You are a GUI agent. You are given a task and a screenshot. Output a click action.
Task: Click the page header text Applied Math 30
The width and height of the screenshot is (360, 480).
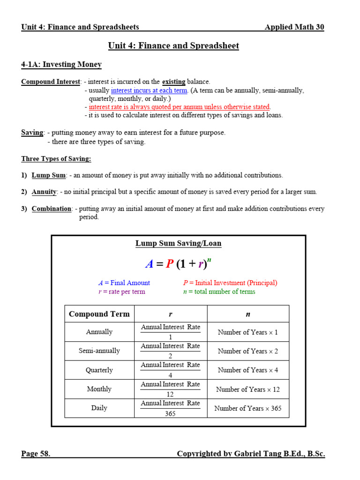point(294,27)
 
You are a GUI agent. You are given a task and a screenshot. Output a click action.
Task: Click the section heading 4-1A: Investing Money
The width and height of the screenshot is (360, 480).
point(61,64)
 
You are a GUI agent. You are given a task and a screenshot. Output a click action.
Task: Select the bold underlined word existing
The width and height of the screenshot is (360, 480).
point(174,82)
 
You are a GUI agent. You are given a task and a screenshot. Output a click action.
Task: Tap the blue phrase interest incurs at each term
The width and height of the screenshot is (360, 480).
point(149,90)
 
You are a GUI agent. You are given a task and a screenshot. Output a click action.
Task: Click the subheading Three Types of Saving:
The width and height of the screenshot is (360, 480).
point(56,159)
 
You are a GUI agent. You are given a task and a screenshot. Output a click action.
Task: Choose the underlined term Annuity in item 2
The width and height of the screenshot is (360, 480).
point(44,192)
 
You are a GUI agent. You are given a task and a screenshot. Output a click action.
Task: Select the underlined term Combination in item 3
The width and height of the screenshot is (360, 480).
point(52,209)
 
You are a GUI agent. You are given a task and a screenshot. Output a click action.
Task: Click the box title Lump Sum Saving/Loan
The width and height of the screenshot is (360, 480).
point(178,243)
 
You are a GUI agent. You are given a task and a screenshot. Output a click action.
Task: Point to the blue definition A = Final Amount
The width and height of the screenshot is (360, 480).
point(124,283)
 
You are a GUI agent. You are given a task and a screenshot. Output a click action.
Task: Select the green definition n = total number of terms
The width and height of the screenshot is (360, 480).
point(219,292)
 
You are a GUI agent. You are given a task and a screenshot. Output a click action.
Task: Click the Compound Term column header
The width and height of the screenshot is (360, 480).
point(99,314)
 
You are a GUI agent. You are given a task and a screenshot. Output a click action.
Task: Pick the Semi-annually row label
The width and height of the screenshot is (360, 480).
point(99,351)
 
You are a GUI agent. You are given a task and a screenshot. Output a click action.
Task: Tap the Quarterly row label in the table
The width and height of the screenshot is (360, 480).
point(99,370)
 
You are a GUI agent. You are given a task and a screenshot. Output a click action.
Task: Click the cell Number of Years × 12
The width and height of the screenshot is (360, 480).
point(247,389)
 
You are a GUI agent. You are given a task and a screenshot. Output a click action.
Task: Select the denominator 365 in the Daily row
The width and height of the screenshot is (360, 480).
point(170,413)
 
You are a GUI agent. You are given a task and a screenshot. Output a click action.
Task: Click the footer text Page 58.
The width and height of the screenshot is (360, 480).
point(36,453)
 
